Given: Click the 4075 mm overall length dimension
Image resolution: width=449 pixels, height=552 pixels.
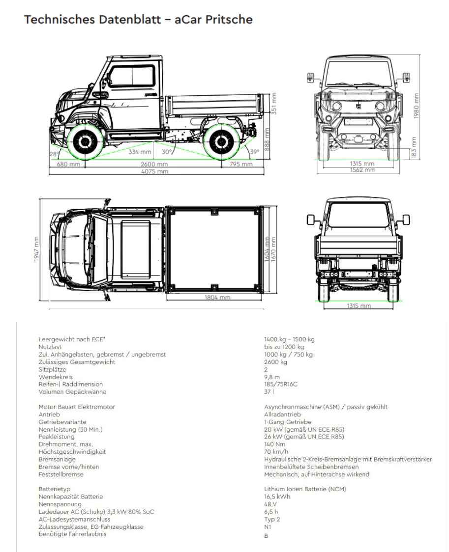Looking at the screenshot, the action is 155,171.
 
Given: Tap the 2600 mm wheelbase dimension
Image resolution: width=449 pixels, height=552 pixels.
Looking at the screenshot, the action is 154,164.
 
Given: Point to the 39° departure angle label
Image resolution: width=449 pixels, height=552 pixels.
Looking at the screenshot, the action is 254,152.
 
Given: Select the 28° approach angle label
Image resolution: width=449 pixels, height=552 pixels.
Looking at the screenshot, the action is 54,154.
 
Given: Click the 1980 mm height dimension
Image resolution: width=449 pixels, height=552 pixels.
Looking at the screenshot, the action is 416,106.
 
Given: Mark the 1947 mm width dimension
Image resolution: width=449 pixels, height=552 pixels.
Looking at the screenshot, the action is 36,249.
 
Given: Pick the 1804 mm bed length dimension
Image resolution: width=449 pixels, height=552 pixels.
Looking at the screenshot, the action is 217,298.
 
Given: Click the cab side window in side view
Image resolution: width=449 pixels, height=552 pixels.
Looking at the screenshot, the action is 131,77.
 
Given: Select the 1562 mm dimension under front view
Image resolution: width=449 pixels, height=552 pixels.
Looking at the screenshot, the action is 362,170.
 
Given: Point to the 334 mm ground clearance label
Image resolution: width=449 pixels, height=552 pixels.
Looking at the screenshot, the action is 140,152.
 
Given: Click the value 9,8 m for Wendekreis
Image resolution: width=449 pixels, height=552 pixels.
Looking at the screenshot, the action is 272,377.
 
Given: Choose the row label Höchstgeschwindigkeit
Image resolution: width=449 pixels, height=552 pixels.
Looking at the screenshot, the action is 72,452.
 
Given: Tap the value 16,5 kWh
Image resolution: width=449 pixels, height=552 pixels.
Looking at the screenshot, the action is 277,497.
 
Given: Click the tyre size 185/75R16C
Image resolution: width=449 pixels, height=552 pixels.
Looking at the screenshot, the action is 281,384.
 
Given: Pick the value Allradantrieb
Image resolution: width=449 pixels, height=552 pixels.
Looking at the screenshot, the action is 283,414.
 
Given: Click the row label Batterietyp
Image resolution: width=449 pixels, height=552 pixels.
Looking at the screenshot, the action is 54,489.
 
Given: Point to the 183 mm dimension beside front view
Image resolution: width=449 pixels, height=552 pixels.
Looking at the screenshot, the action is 414,147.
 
